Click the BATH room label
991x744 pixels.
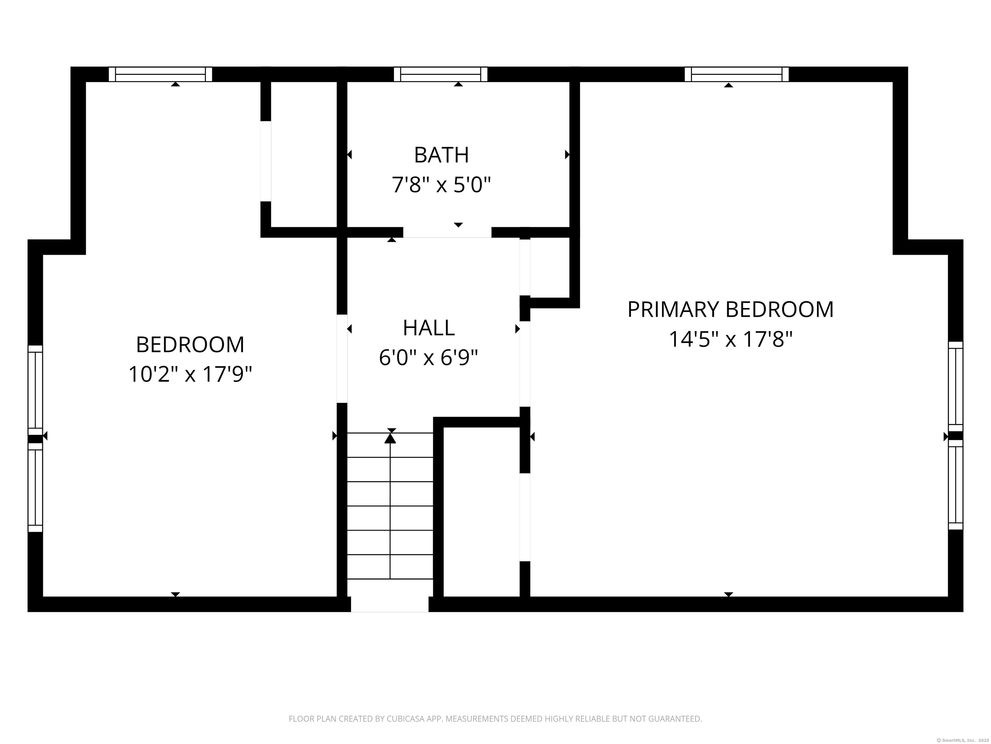(x=441, y=155)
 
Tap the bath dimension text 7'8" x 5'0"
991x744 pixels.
(x=441, y=185)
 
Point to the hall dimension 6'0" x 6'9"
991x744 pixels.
(x=429, y=358)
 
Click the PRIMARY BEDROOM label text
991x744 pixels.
(x=730, y=309)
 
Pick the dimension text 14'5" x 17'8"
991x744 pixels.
(x=730, y=339)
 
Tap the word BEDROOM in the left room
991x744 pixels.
(x=190, y=345)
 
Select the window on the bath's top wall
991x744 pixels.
(x=440, y=74)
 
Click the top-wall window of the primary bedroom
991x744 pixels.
(x=736, y=74)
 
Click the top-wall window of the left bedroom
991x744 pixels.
(x=160, y=74)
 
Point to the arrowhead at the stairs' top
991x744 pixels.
(x=390, y=438)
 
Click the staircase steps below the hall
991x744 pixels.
(x=390, y=507)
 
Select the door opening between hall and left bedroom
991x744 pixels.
(x=342, y=359)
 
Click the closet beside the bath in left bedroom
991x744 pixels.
(x=304, y=155)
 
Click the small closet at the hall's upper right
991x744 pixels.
(x=549, y=267)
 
